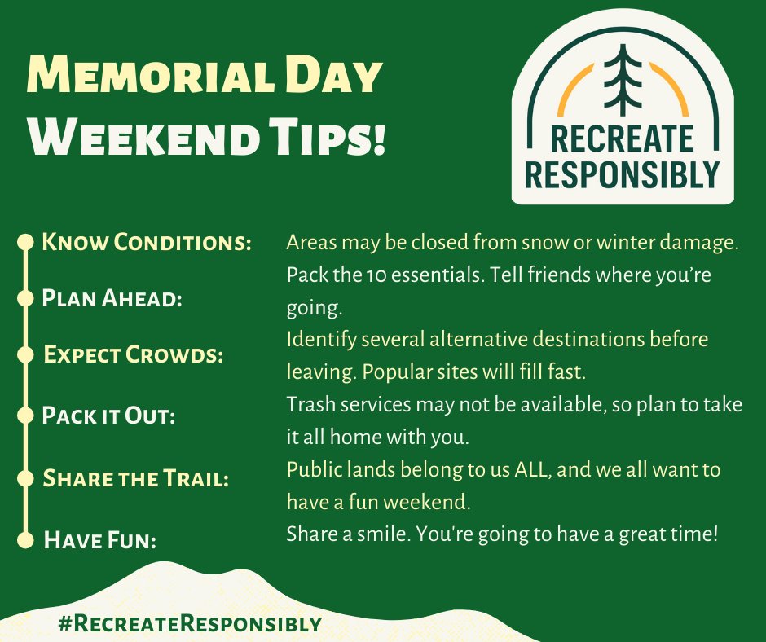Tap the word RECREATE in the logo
click(x=623, y=139)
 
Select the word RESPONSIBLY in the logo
click(x=623, y=173)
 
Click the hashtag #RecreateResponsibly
click(x=190, y=624)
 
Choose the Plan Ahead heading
click(x=112, y=298)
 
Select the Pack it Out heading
click(x=109, y=415)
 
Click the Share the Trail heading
click(x=135, y=478)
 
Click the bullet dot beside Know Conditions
click(x=26, y=241)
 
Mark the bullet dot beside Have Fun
click(x=26, y=539)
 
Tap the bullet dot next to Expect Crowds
click(x=26, y=354)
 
